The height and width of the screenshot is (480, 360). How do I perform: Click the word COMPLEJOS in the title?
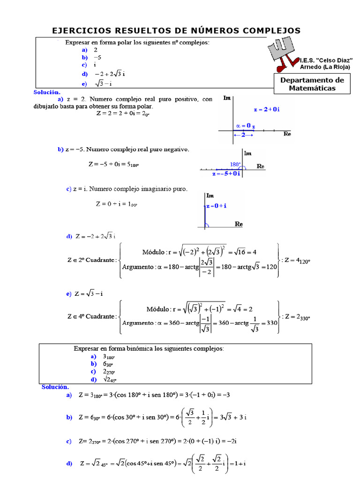(x=271, y=30)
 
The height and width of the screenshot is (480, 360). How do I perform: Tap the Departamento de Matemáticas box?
(x=312, y=84)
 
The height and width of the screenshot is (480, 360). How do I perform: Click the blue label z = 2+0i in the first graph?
(x=266, y=109)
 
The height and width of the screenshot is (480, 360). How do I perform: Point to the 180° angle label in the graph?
(x=235, y=165)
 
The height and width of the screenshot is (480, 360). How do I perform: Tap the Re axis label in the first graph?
(x=288, y=134)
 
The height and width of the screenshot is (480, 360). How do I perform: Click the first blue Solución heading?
(x=47, y=92)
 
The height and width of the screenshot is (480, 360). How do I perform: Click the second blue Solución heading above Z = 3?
(x=55, y=387)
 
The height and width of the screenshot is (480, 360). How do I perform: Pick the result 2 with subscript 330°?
(x=300, y=317)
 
